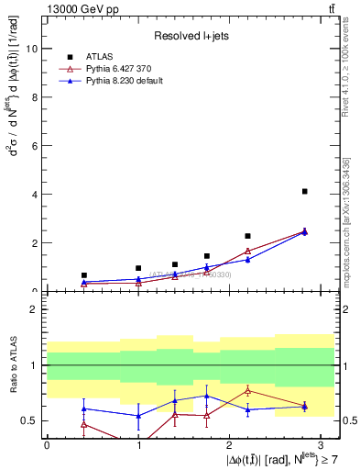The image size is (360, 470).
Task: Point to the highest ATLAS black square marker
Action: [304, 191]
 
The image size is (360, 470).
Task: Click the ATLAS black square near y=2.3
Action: [247, 236]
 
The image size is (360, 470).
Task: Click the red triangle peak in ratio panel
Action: [247, 390]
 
